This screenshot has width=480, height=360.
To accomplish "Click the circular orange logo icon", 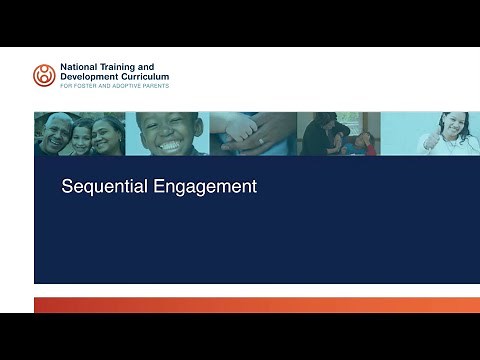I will point(45,74).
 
